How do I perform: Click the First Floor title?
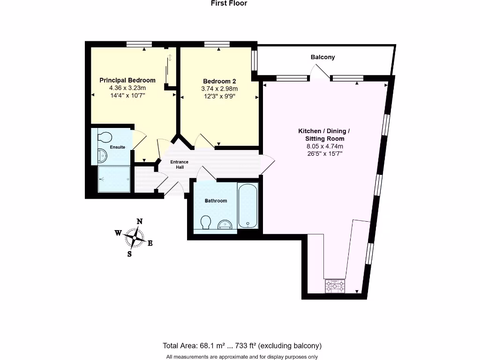(x=229, y=3)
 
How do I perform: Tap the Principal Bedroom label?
(x=127, y=80)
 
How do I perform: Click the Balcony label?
(x=322, y=57)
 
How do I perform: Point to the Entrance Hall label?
(x=179, y=165)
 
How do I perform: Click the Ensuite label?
(x=117, y=147)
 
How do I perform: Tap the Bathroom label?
(x=216, y=201)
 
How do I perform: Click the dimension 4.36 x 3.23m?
(x=127, y=88)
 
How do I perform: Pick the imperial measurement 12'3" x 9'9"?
(x=219, y=97)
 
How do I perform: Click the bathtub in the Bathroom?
(x=247, y=206)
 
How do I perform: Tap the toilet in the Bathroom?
(x=205, y=223)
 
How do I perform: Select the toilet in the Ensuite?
(x=105, y=138)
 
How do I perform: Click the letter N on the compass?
(x=139, y=222)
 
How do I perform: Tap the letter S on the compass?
(x=130, y=254)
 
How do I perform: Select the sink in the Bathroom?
(x=226, y=225)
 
